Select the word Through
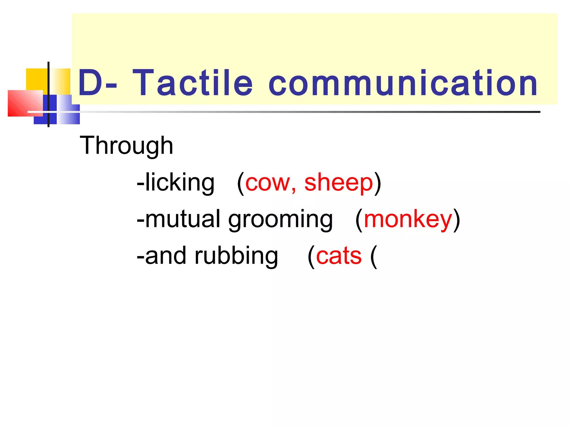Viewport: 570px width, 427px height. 126,146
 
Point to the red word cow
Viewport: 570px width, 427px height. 267,183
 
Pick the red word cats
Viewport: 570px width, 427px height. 339,256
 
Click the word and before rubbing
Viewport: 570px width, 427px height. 165,256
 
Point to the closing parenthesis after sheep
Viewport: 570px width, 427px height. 377,183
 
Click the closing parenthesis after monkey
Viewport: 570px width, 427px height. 456,220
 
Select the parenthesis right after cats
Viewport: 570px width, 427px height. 374,257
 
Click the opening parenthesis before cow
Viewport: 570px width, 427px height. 241,183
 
